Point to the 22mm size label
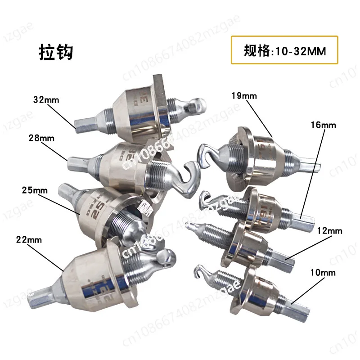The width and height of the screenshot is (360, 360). point(31,240)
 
